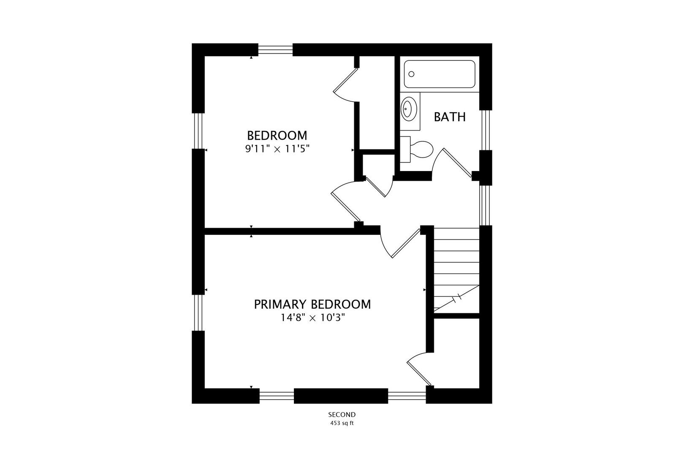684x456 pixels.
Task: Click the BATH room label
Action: click(x=450, y=117)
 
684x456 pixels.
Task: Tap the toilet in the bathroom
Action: click(x=416, y=149)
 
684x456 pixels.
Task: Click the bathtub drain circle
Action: click(x=411, y=74)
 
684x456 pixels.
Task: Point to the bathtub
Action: click(x=440, y=74)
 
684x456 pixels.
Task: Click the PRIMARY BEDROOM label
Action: click(x=312, y=304)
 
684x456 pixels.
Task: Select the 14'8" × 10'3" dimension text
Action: click(x=313, y=318)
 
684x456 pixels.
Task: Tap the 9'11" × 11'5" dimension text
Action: click(x=277, y=149)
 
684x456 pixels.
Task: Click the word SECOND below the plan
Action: click(x=342, y=415)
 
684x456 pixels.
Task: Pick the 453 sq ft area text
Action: click(x=342, y=423)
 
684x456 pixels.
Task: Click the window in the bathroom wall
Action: click(x=486, y=130)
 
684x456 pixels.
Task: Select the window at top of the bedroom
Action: click(x=276, y=50)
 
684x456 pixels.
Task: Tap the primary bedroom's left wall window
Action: click(x=198, y=312)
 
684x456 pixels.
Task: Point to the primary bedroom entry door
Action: click(x=406, y=244)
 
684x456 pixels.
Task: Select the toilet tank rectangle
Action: click(x=405, y=149)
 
